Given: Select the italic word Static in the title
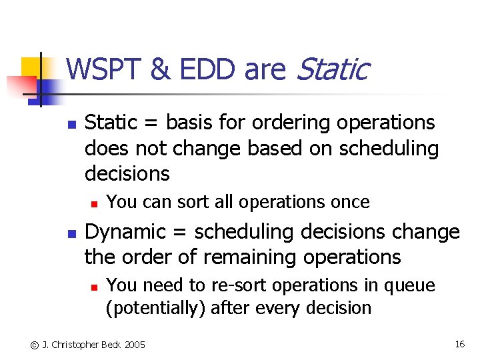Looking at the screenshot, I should pyautogui.click(x=331, y=69).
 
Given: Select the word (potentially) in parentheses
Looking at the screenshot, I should pyautogui.click(x=145, y=308).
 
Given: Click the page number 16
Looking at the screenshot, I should pyautogui.click(x=459, y=344).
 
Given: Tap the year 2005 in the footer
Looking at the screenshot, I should pyautogui.click(x=133, y=345).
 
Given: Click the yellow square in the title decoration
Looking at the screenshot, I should pyautogui.click(x=33, y=67).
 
